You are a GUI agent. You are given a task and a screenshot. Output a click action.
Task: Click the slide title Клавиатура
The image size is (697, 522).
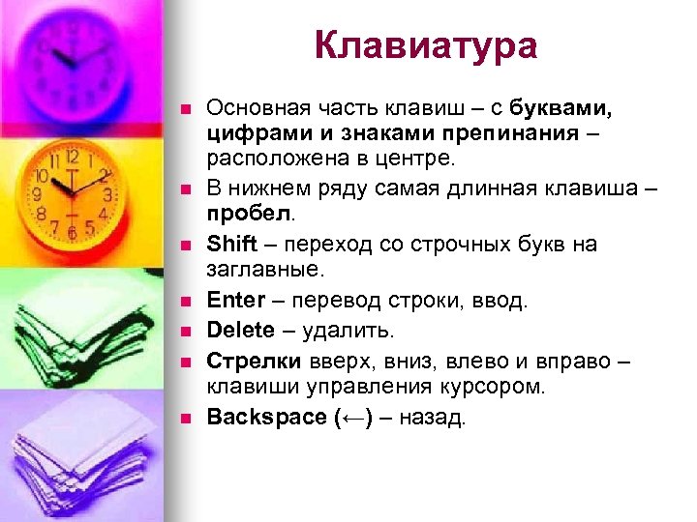tap(425, 45)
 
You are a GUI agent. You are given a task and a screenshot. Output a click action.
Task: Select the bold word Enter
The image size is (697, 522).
tap(235, 301)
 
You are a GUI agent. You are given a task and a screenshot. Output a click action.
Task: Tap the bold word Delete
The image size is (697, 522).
tap(241, 331)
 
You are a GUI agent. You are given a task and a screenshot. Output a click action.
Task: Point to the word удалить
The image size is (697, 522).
tap(348, 331)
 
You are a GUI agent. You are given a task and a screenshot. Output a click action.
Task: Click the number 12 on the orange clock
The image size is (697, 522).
tap(72, 155)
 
